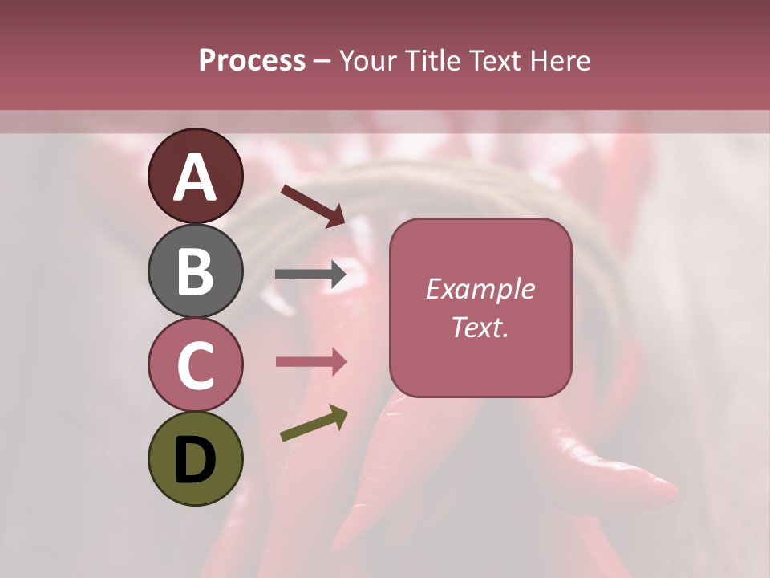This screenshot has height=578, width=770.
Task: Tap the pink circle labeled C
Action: pos(195,364)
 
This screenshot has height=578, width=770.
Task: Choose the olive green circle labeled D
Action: pos(195,458)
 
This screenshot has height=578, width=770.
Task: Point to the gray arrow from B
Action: pos(310,275)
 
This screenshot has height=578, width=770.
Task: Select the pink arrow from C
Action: pos(310,362)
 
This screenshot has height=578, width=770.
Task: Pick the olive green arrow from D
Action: pos(314,424)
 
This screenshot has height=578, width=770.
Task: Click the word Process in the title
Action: pos(252,61)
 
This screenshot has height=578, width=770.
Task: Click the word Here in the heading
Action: pos(558,61)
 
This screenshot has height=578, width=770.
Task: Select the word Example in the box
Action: pos(480,289)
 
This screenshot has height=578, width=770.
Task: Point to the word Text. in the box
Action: pos(480,327)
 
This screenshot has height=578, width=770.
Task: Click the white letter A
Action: pos(195,177)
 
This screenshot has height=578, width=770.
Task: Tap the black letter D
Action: pos(195,460)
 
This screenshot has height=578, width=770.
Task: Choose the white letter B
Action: pos(195,271)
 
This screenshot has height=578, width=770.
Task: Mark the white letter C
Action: pos(195,366)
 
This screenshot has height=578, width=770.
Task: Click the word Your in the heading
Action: pos(369,61)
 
